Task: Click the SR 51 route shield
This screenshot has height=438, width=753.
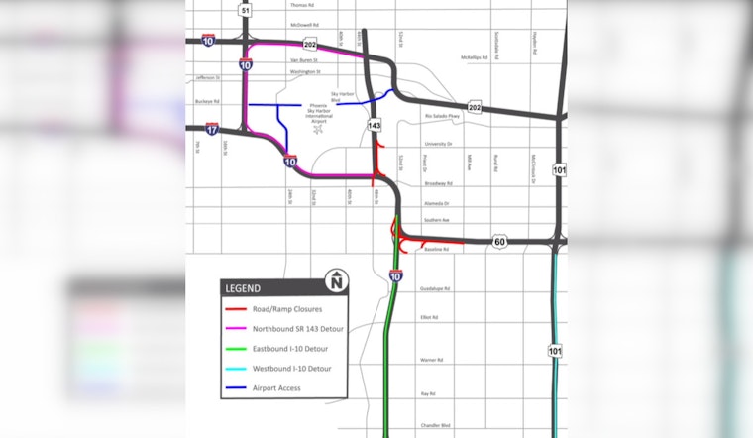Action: coord(246,10)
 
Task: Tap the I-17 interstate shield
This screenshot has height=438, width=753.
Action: coord(212,129)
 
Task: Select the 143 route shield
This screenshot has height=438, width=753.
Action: coord(374,126)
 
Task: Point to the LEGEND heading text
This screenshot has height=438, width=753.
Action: coord(243,289)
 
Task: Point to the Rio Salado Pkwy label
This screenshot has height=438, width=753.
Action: coord(442,116)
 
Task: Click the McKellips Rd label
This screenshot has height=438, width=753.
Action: coord(474,57)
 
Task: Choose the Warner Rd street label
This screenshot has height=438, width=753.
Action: coord(430,360)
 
